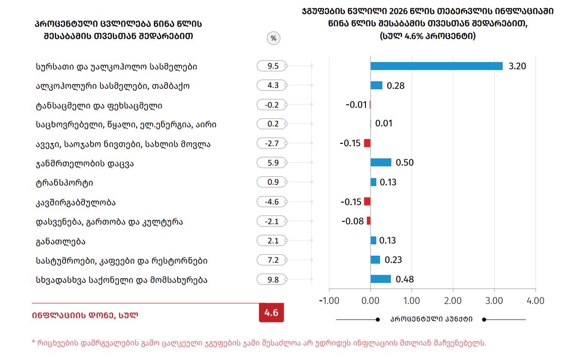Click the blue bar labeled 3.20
point(436,66)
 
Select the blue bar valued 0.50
point(381,163)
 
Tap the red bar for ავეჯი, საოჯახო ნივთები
point(367,143)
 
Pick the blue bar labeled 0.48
point(381,279)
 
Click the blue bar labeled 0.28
point(376,86)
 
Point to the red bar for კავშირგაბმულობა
point(367,202)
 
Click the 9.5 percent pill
point(272,66)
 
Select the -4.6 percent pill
point(272,202)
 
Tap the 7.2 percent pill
point(272,260)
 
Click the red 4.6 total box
point(272,313)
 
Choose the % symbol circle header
point(273,39)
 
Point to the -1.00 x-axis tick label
point(329,301)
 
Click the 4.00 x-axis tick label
point(536,301)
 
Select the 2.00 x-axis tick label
point(453,301)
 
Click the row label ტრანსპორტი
point(64,183)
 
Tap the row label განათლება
point(61,242)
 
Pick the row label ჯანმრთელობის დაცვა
point(88,164)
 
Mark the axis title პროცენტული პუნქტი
point(431,319)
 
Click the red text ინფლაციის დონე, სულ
point(85,315)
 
